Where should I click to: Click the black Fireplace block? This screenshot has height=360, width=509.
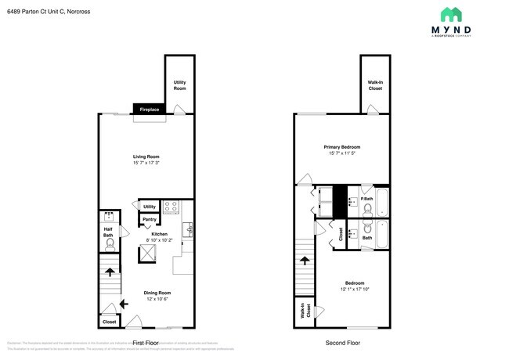(x=149, y=110)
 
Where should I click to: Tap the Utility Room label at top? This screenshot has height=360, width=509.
(x=179, y=85)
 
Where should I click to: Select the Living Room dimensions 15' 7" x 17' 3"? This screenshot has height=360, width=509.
(x=146, y=163)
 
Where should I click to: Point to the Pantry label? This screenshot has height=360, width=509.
(x=149, y=219)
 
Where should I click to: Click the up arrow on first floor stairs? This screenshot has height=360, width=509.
(x=109, y=273)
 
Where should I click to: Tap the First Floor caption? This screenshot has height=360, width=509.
(x=146, y=343)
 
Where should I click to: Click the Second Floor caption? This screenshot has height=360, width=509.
(x=342, y=343)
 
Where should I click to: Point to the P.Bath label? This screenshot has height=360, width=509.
(x=366, y=199)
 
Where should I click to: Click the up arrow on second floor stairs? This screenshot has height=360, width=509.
(x=305, y=260)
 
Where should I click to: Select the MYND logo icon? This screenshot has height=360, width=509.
(x=450, y=14)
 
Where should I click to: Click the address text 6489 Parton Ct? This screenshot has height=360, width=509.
(x=35, y=10)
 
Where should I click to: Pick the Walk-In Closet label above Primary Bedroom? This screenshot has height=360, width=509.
(x=375, y=85)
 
